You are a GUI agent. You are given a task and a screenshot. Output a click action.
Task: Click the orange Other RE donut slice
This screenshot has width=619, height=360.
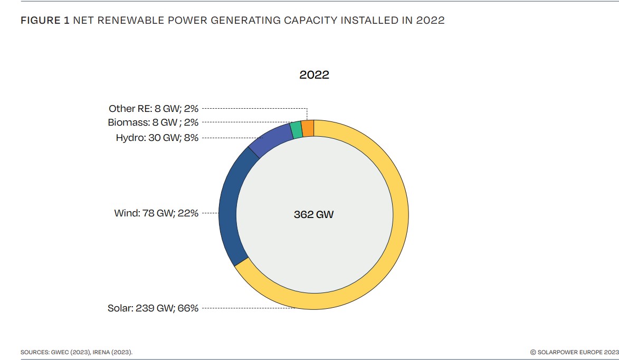[x=308, y=128]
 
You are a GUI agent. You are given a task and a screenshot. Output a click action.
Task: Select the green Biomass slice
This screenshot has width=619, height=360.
[x=297, y=130]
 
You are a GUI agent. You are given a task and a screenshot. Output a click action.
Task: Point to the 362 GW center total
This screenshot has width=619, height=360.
[x=313, y=215]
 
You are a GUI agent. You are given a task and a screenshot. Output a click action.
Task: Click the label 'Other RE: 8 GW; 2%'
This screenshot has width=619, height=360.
[x=154, y=108]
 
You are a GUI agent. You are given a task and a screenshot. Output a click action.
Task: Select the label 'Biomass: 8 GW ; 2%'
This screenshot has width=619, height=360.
[x=154, y=122]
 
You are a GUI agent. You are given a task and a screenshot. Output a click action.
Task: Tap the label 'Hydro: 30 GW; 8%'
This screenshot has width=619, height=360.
[x=157, y=138]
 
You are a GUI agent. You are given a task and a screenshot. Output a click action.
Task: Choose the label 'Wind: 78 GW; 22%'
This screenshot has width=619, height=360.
[x=156, y=213]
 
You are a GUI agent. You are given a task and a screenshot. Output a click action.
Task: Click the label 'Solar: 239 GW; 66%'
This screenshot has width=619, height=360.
[x=153, y=308]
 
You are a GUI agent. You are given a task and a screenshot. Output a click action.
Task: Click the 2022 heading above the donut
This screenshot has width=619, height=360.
[x=314, y=75]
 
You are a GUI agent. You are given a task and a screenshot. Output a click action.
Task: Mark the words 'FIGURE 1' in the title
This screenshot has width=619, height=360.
[x=45, y=21]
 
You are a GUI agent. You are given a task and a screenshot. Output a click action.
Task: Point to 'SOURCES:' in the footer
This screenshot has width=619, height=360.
[x=33, y=352]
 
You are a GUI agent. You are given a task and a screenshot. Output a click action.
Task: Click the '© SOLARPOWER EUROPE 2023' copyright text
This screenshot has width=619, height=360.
[x=574, y=352]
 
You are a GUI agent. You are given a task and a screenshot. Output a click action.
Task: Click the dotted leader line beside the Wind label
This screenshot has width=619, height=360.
[x=210, y=213]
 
